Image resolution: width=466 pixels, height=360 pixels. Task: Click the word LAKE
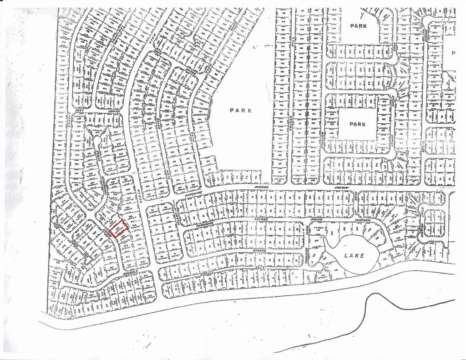click(x=354, y=256)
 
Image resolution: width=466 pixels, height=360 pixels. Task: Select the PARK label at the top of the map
click(x=358, y=26)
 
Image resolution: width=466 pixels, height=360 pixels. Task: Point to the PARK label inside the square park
click(x=358, y=124)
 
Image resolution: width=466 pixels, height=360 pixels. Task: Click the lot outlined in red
click(x=119, y=228)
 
